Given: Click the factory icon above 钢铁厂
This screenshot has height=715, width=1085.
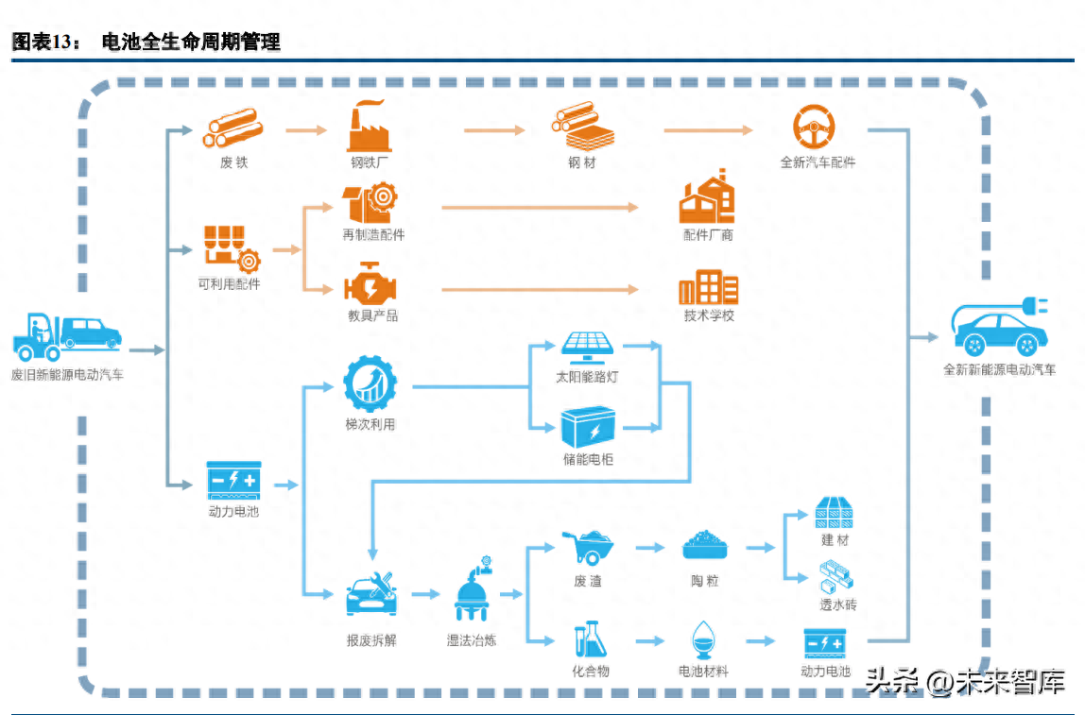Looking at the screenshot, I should click(x=369, y=127).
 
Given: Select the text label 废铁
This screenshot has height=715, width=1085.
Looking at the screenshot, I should click(x=233, y=162).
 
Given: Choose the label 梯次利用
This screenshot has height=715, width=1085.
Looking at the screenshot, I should click(x=370, y=425).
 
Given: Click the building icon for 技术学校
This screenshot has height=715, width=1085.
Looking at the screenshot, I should click(x=708, y=287).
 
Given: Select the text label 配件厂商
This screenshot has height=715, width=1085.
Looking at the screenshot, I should click(x=708, y=234).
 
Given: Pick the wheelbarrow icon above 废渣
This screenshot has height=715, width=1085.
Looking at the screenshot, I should click(x=588, y=547).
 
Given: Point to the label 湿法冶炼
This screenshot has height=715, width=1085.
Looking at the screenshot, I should click(x=472, y=640).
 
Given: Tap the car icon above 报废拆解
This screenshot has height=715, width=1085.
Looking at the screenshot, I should click(x=371, y=594).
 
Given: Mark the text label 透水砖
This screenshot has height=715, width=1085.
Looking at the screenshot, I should click(x=837, y=604).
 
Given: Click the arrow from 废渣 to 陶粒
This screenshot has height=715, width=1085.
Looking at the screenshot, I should click(x=650, y=547).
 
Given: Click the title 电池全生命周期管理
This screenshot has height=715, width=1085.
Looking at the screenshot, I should click(x=191, y=43).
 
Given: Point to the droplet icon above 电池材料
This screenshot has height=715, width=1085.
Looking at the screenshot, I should click(x=703, y=639).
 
